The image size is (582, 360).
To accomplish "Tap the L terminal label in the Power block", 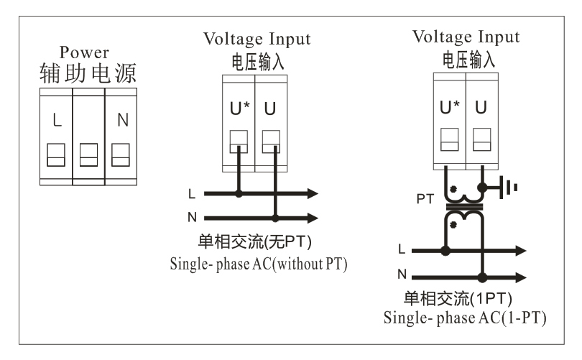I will tap(58, 119).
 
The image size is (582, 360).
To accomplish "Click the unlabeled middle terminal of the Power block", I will tap(90, 153).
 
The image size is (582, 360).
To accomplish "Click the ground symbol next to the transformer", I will tap(509, 188).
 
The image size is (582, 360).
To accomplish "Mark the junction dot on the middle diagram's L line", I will tap(239, 193).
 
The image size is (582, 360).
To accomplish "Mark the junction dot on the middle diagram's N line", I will tap(275, 216).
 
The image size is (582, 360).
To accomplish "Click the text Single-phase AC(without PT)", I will tap(259, 264).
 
